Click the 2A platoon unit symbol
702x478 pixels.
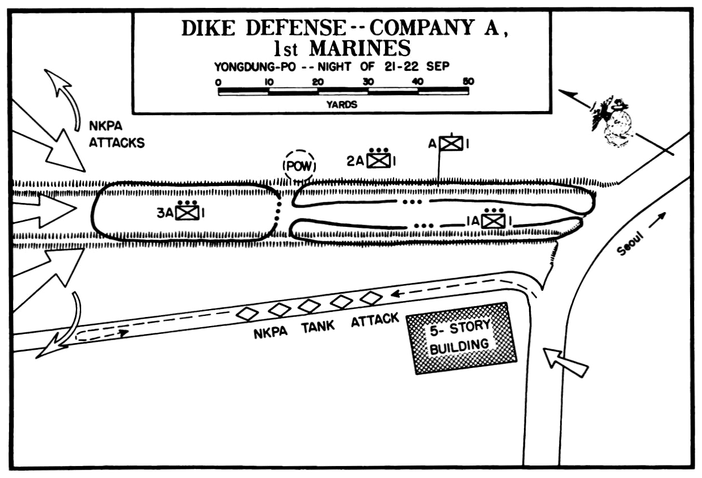point(378,160)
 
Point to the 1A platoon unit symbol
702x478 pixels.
point(493,220)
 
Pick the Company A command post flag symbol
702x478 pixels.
point(451,144)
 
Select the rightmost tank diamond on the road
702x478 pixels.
point(371,298)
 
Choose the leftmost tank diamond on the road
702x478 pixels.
point(247,313)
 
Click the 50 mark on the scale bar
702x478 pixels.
point(468,82)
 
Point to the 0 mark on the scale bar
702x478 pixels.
point(218,82)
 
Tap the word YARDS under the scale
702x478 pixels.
point(341,104)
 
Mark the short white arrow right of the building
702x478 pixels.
point(565,362)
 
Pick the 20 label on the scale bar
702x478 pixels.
point(318,82)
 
